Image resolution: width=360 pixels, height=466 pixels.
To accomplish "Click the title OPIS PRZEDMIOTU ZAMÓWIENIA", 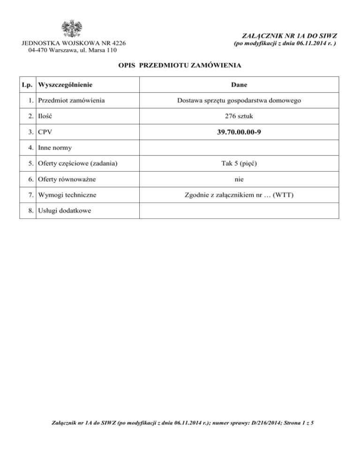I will tap(180, 66).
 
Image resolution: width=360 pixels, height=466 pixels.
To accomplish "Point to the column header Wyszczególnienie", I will tap(65, 85).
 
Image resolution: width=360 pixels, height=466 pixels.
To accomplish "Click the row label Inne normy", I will tap(55, 149).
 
